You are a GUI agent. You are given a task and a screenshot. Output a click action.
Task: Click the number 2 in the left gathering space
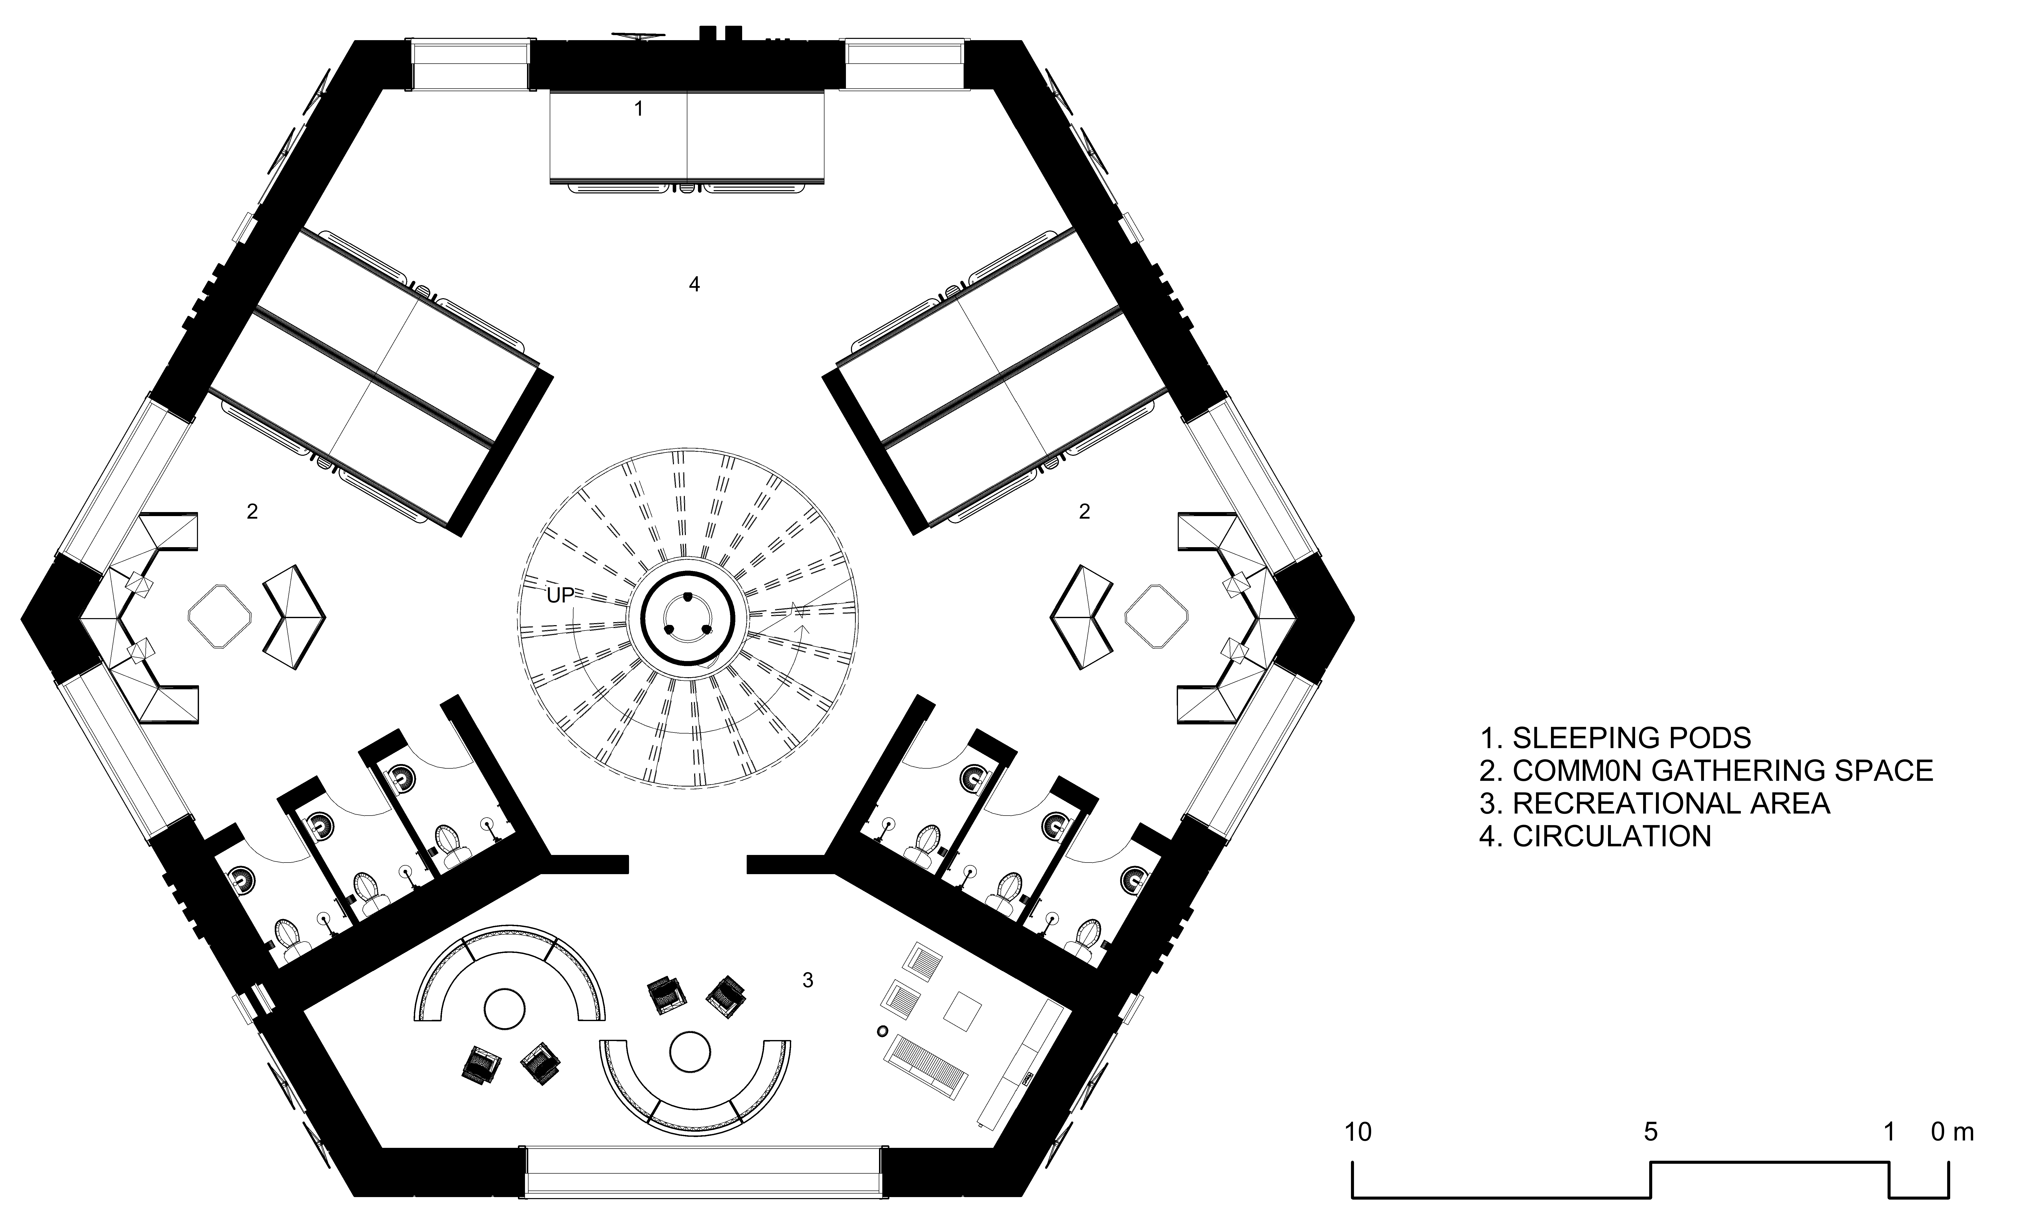(252, 511)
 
